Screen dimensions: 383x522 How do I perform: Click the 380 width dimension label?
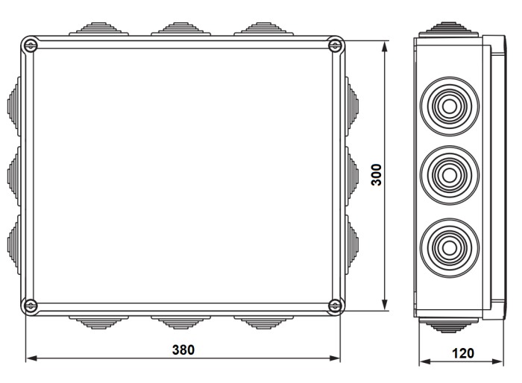pyautogui.click(x=183, y=349)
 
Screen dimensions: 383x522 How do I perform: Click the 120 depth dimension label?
pyautogui.click(x=462, y=353)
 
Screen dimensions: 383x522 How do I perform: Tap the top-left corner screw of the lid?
pyautogui.click(x=30, y=46)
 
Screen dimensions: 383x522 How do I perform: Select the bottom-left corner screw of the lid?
pyautogui.click(x=30, y=304)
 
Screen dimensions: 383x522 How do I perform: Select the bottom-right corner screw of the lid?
pyautogui.click(x=335, y=304)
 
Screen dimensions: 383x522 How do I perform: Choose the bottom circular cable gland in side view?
pyautogui.click(x=449, y=243)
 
